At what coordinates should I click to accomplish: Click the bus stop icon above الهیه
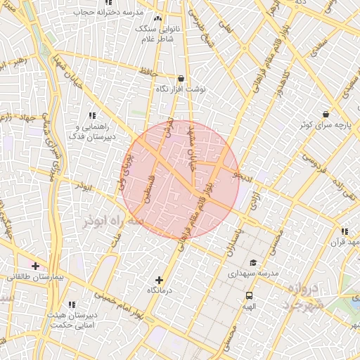pos(250,296)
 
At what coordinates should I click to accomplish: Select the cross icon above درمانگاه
pos(160,280)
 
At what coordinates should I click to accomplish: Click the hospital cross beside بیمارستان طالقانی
pos(35,266)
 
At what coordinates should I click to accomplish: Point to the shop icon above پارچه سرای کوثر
pos(326,114)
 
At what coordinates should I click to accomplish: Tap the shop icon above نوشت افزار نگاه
pos(181,79)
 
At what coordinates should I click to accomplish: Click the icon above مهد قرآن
pos(344,231)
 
